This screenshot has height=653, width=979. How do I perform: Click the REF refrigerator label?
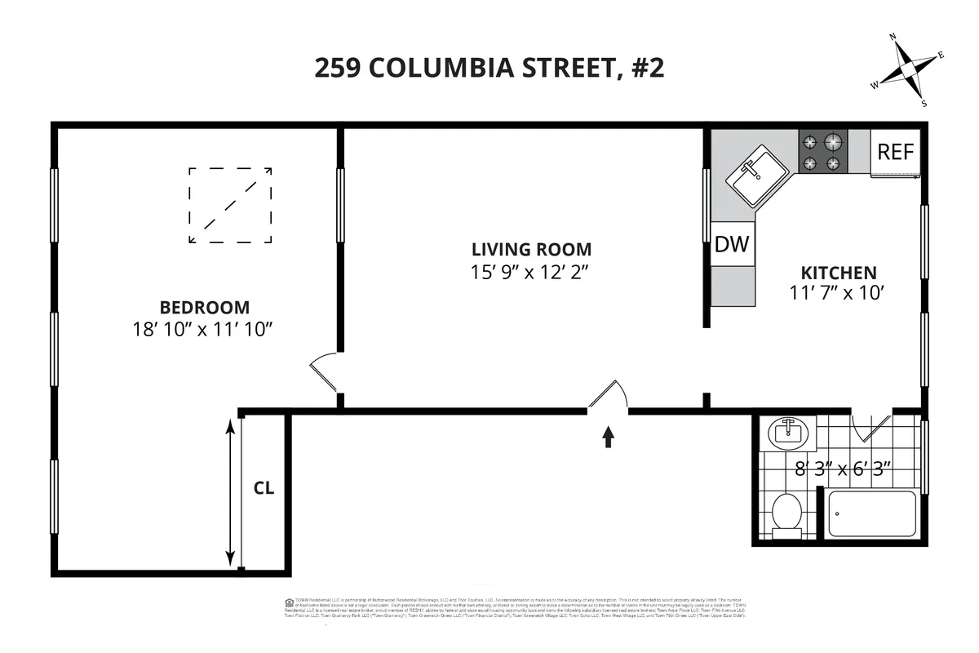(x=896, y=152)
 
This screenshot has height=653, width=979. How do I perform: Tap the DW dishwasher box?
(x=732, y=244)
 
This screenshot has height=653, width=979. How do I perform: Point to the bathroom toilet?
(x=787, y=514)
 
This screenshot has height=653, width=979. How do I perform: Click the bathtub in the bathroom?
(x=871, y=514)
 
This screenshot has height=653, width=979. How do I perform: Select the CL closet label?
(x=264, y=489)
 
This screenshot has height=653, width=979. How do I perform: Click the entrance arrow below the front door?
(x=608, y=438)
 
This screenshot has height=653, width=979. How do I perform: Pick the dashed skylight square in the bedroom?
(x=230, y=205)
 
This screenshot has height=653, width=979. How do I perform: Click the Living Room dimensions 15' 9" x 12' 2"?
(x=529, y=272)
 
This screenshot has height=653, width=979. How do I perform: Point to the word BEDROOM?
(x=204, y=308)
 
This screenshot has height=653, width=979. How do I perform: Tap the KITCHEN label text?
(x=838, y=273)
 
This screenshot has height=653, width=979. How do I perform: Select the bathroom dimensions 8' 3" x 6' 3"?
(x=843, y=469)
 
